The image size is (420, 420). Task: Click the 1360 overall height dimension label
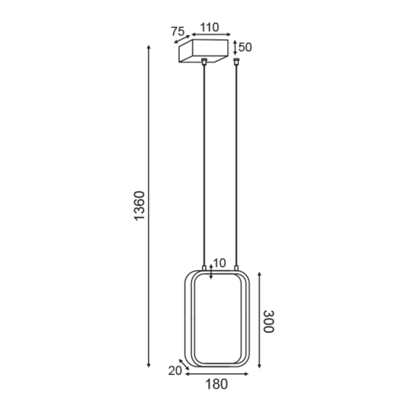140,205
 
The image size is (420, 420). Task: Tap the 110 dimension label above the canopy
209,27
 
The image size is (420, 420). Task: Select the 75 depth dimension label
178,31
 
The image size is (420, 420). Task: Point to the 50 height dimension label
245,47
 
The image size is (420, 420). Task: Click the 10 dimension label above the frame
219,263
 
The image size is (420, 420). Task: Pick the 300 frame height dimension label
268,321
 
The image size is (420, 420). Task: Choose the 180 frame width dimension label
217,385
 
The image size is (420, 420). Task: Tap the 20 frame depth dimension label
175,371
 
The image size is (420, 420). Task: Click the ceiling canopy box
203,51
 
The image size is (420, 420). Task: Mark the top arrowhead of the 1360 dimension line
149,47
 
